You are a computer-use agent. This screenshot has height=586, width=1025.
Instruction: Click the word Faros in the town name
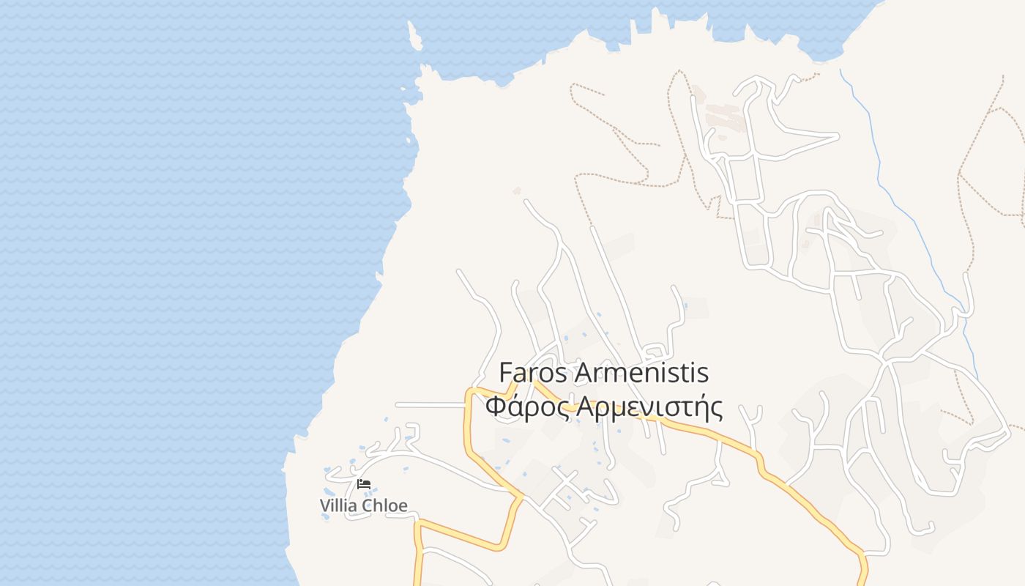[532, 372]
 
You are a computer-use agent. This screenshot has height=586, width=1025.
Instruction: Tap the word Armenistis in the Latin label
[642, 372]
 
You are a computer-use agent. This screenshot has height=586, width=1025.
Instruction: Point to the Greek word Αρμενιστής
[649, 407]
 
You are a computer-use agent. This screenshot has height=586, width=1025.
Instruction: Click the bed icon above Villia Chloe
[364, 484]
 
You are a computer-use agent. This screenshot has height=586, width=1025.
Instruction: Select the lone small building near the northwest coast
[517, 191]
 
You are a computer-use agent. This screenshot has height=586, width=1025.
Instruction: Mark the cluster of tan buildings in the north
[725, 117]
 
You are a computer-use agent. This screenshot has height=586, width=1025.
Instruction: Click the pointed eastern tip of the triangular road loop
[838, 136]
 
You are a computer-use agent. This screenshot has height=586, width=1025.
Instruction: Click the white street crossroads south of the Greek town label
[564, 483]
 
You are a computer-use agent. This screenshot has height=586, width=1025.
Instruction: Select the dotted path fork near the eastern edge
[959, 176]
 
